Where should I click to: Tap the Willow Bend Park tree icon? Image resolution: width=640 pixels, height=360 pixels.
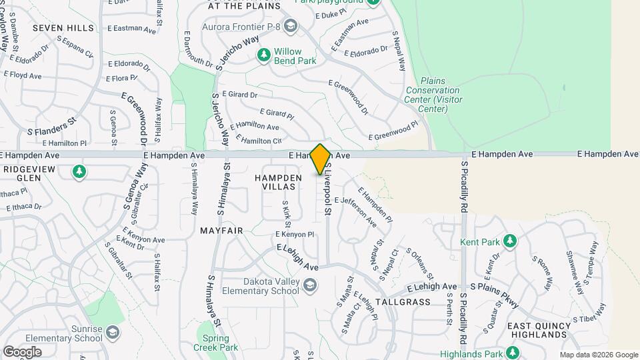[x=264, y=53]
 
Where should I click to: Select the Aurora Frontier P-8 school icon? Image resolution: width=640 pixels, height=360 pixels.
[x=290, y=26]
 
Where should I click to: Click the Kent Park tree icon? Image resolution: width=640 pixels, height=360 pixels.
[x=510, y=240]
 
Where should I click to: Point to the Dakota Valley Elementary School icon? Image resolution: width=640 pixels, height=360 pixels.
[x=309, y=286]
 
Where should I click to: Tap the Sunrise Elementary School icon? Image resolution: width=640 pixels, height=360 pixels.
[x=113, y=331]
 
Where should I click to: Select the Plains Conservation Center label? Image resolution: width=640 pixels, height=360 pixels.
[x=433, y=95]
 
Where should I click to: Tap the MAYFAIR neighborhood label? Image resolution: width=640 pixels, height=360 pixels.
[x=221, y=230]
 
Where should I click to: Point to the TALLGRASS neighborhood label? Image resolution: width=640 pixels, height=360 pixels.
[x=403, y=302]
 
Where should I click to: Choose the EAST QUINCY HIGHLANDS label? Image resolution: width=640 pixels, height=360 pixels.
[x=537, y=330]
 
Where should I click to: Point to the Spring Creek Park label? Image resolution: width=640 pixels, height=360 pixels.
[x=215, y=342]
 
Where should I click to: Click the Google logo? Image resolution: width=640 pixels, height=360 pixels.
[x=22, y=351]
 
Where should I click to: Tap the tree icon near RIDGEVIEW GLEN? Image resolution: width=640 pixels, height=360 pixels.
[x=79, y=172]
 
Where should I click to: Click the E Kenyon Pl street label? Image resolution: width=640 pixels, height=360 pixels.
[x=294, y=235]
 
